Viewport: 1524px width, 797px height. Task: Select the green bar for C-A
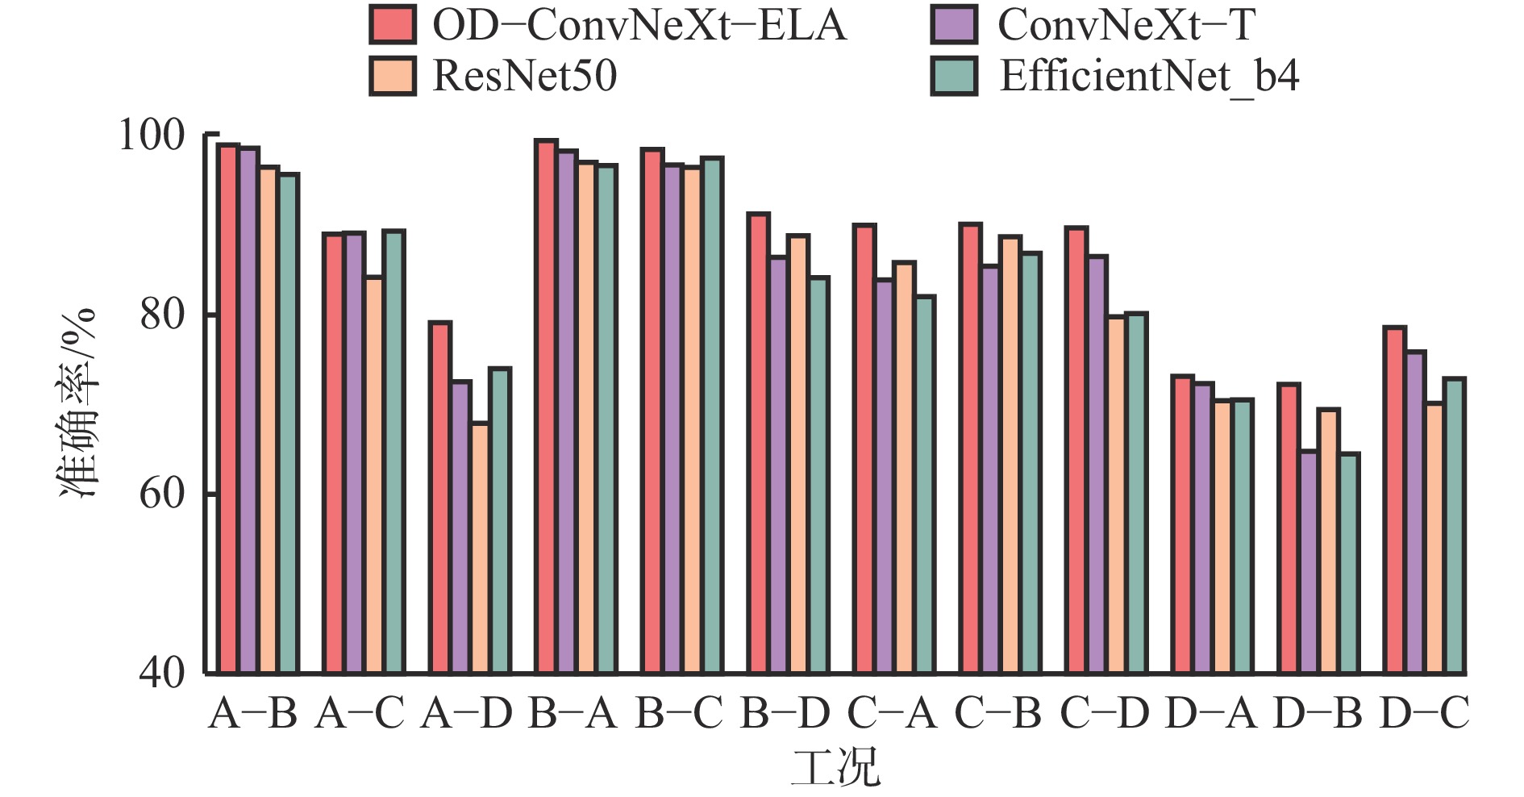point(924,484)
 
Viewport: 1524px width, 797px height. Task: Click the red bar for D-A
point(1183,524)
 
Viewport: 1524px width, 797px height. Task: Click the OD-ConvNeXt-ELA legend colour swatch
point(393,24)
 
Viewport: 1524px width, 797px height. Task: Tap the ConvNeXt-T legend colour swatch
point(953,24)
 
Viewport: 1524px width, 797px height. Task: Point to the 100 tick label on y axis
point(152,135)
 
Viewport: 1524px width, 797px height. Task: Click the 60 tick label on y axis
point(162,493)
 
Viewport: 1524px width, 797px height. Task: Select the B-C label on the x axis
point(678,713)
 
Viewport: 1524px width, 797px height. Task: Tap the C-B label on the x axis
point(997,713)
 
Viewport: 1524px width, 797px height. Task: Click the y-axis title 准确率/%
point(78,403)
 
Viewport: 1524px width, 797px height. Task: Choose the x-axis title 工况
point(835,768)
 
